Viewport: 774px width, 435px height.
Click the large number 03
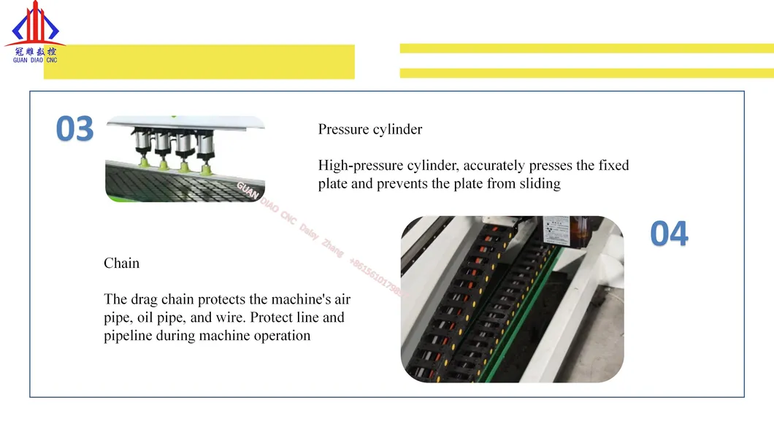coord(75,130)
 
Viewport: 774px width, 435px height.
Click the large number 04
coord(669,234)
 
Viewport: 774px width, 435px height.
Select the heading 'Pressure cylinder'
coord(370,129)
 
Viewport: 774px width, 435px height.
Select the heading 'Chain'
coord(121,263)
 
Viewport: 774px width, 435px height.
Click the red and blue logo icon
coord(34,24)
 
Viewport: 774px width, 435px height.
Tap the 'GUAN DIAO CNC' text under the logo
coord(34,60)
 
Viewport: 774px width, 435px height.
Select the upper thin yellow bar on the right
coord(586,48)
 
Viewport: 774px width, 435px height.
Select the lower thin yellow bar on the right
coord(586,73)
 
